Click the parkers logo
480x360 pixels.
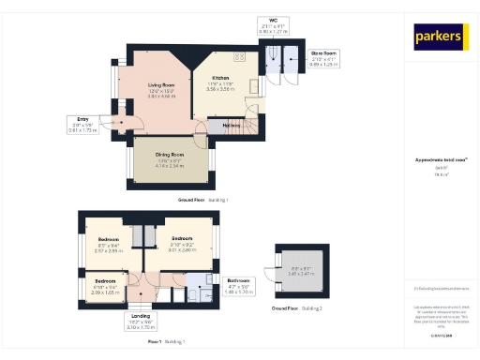440,37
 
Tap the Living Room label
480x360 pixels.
161,86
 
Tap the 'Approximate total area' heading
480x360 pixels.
440,160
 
